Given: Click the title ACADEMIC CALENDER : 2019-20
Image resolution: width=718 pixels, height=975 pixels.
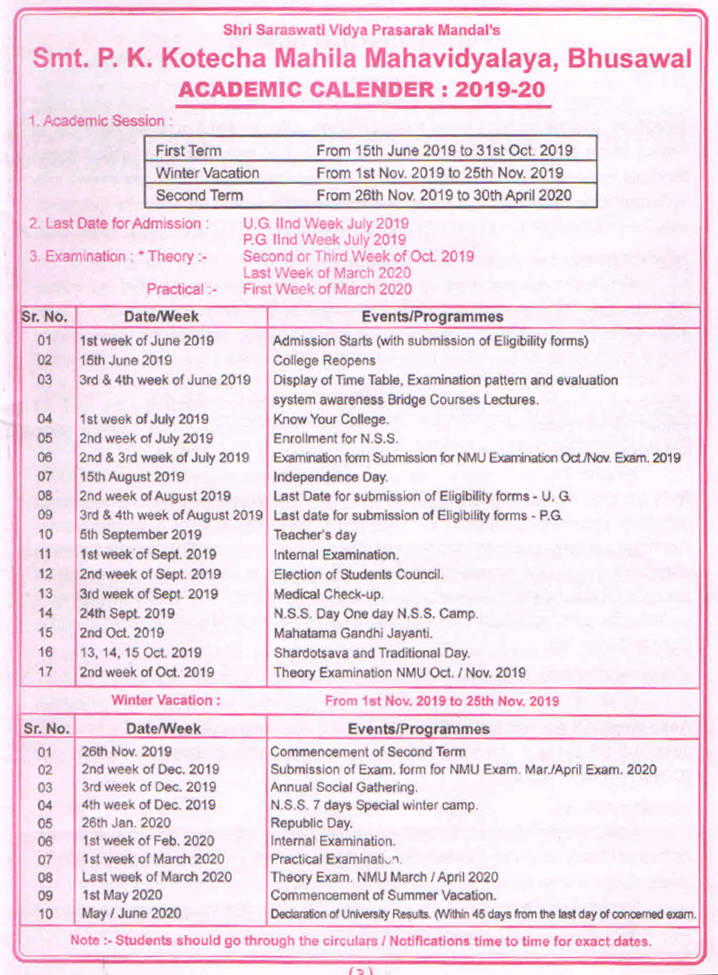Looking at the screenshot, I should [x=363, y=92].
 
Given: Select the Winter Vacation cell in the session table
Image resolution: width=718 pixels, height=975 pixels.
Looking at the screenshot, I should [x=207, y=172].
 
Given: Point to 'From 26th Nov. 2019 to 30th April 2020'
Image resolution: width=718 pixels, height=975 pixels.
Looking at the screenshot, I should [x=443, y=195].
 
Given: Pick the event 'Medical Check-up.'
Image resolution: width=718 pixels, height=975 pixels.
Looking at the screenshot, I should [x=320, y=593].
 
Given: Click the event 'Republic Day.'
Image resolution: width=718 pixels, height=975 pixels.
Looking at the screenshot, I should [x=311, y=821].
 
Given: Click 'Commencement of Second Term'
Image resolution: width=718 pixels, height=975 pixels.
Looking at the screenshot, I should [x=368, y=751].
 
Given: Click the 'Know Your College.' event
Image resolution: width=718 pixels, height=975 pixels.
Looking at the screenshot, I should [x=330, y=418].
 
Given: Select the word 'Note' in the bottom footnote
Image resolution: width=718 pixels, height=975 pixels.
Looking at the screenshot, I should [x=85, y=941].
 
